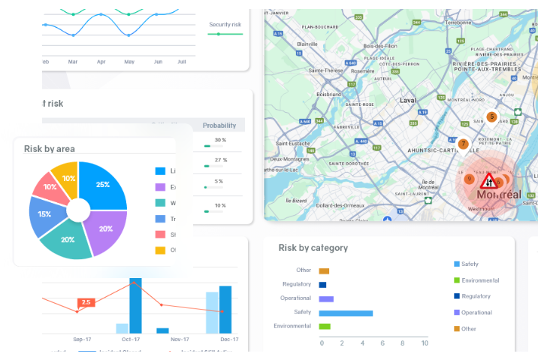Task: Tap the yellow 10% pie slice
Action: tap(68, 179)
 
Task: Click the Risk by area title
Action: tap(49, 149)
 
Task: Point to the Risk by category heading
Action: tap(313, 247)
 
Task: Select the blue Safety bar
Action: tap(346, 313)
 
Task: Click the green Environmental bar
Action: tap(325, 326)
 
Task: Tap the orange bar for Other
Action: tap(324, 271)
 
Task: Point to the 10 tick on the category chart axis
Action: tap(424, 343)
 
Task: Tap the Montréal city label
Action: tap(494, 195)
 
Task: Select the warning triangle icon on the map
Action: tap(486, 181)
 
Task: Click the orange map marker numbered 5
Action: tap(491, 116)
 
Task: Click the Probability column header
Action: tap(219, 126)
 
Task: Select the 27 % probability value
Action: tap(220, 160)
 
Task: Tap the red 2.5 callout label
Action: tap(86, 302)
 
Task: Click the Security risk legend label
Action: tap(225, 25)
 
